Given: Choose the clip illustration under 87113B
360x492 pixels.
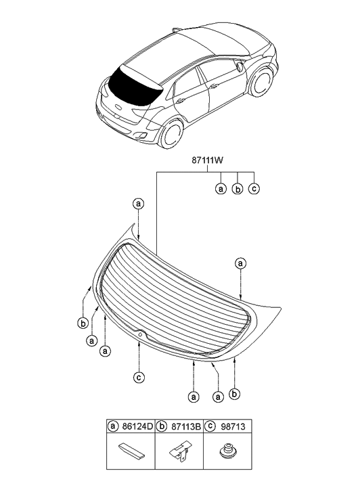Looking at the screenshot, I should (181, 453).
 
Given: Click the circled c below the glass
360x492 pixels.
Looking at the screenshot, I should (138, 377).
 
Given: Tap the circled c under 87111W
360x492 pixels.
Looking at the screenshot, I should (254, 189).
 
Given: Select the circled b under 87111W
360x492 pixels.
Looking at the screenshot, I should (238, 189).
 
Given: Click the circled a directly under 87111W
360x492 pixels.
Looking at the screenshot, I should (221, 189).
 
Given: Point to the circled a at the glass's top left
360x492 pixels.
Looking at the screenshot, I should (138, 203).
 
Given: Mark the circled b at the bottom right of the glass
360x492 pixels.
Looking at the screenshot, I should (235, 393).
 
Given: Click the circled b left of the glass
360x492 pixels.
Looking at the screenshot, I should (82, 323).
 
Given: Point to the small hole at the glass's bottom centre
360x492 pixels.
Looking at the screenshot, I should (139, 334).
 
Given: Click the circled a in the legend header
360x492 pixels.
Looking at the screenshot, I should (113, 427).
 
